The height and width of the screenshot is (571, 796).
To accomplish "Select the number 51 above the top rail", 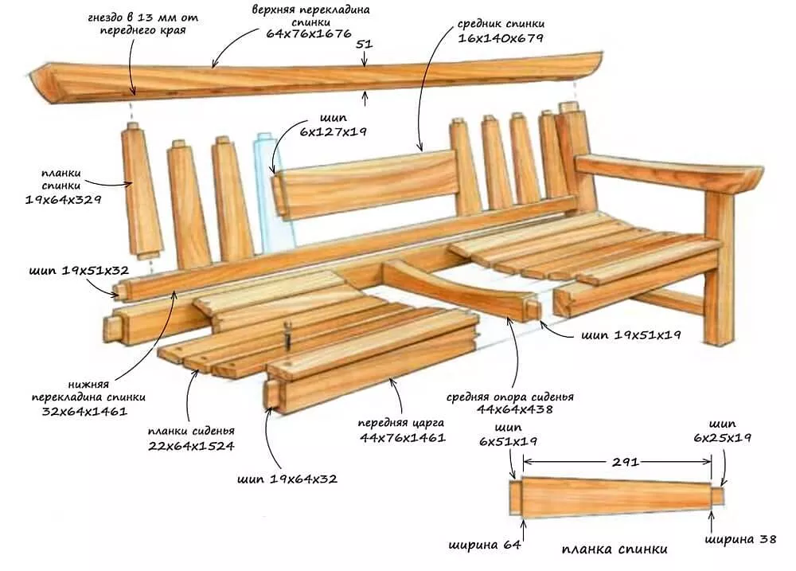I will tap(364, 45).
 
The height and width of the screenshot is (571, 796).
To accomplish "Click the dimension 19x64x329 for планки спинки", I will tap(64, 200).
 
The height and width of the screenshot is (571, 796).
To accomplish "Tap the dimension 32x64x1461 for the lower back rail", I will tap(84, 411).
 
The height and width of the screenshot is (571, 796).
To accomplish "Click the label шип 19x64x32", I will tap(287, 479).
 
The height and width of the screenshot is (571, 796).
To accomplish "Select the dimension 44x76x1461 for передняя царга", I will tap(402, 437).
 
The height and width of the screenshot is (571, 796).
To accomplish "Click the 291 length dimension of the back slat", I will tap(617, 461).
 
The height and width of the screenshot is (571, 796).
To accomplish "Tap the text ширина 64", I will tap(485, 545).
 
